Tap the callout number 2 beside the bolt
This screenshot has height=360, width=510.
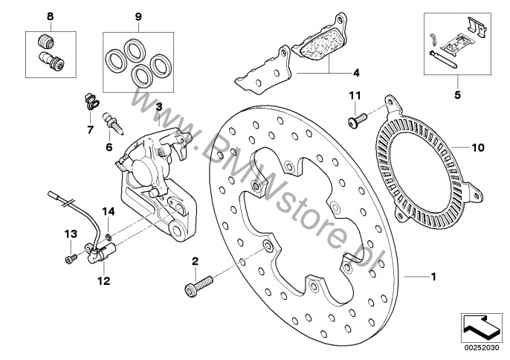click(x=195, y=261)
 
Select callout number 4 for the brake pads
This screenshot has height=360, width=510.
click(x=356, y=73)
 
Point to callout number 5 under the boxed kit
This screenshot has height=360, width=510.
click(x=457, y=94)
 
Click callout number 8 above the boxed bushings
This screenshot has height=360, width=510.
click(x=51, y=16)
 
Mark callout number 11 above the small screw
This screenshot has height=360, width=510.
click(x=355, y=94)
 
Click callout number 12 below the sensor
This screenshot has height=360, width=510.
click(x=103, y=281)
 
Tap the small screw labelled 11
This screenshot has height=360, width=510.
click(x=354, y=117)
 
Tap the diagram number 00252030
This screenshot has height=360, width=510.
click(x=482, y=347)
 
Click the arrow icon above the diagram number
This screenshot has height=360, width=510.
click(x=482, y=325)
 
